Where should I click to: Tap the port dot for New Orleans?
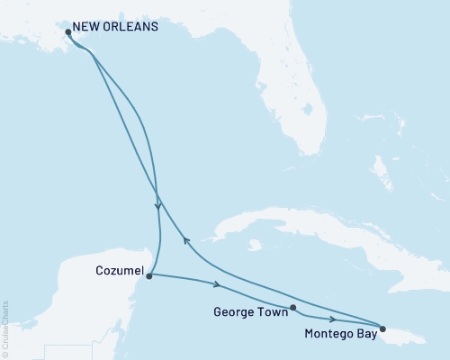[x=69, y=33]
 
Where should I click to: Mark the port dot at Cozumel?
[x=148, y=275]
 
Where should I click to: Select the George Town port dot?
[x=293, y=308]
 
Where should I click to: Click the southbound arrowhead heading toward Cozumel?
[x=158, y=206]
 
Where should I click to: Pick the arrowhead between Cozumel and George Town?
[x=217, y=285]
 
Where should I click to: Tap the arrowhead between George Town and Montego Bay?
[x=334, y=319]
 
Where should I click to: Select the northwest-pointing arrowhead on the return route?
[x=184, y=238]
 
